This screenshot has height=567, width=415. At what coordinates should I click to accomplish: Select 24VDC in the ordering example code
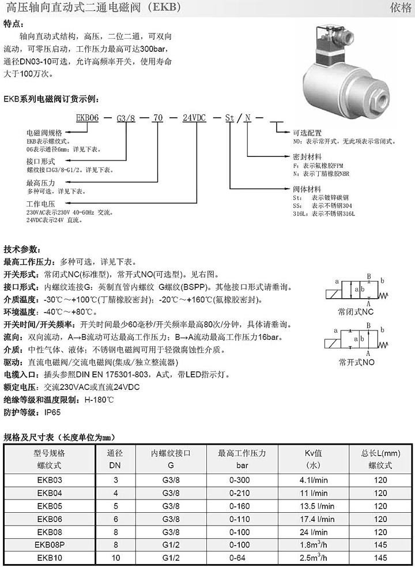point(194,117)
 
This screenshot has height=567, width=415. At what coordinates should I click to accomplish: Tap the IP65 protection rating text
point(49,412)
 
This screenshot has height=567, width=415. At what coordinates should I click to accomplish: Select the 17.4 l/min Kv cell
point(314,518)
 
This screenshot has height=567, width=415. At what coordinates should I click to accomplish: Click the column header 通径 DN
point(115,459)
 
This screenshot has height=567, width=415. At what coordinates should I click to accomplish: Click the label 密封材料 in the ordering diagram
point(307,156)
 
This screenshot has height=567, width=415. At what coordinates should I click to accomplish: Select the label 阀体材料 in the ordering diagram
point(307,189)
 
